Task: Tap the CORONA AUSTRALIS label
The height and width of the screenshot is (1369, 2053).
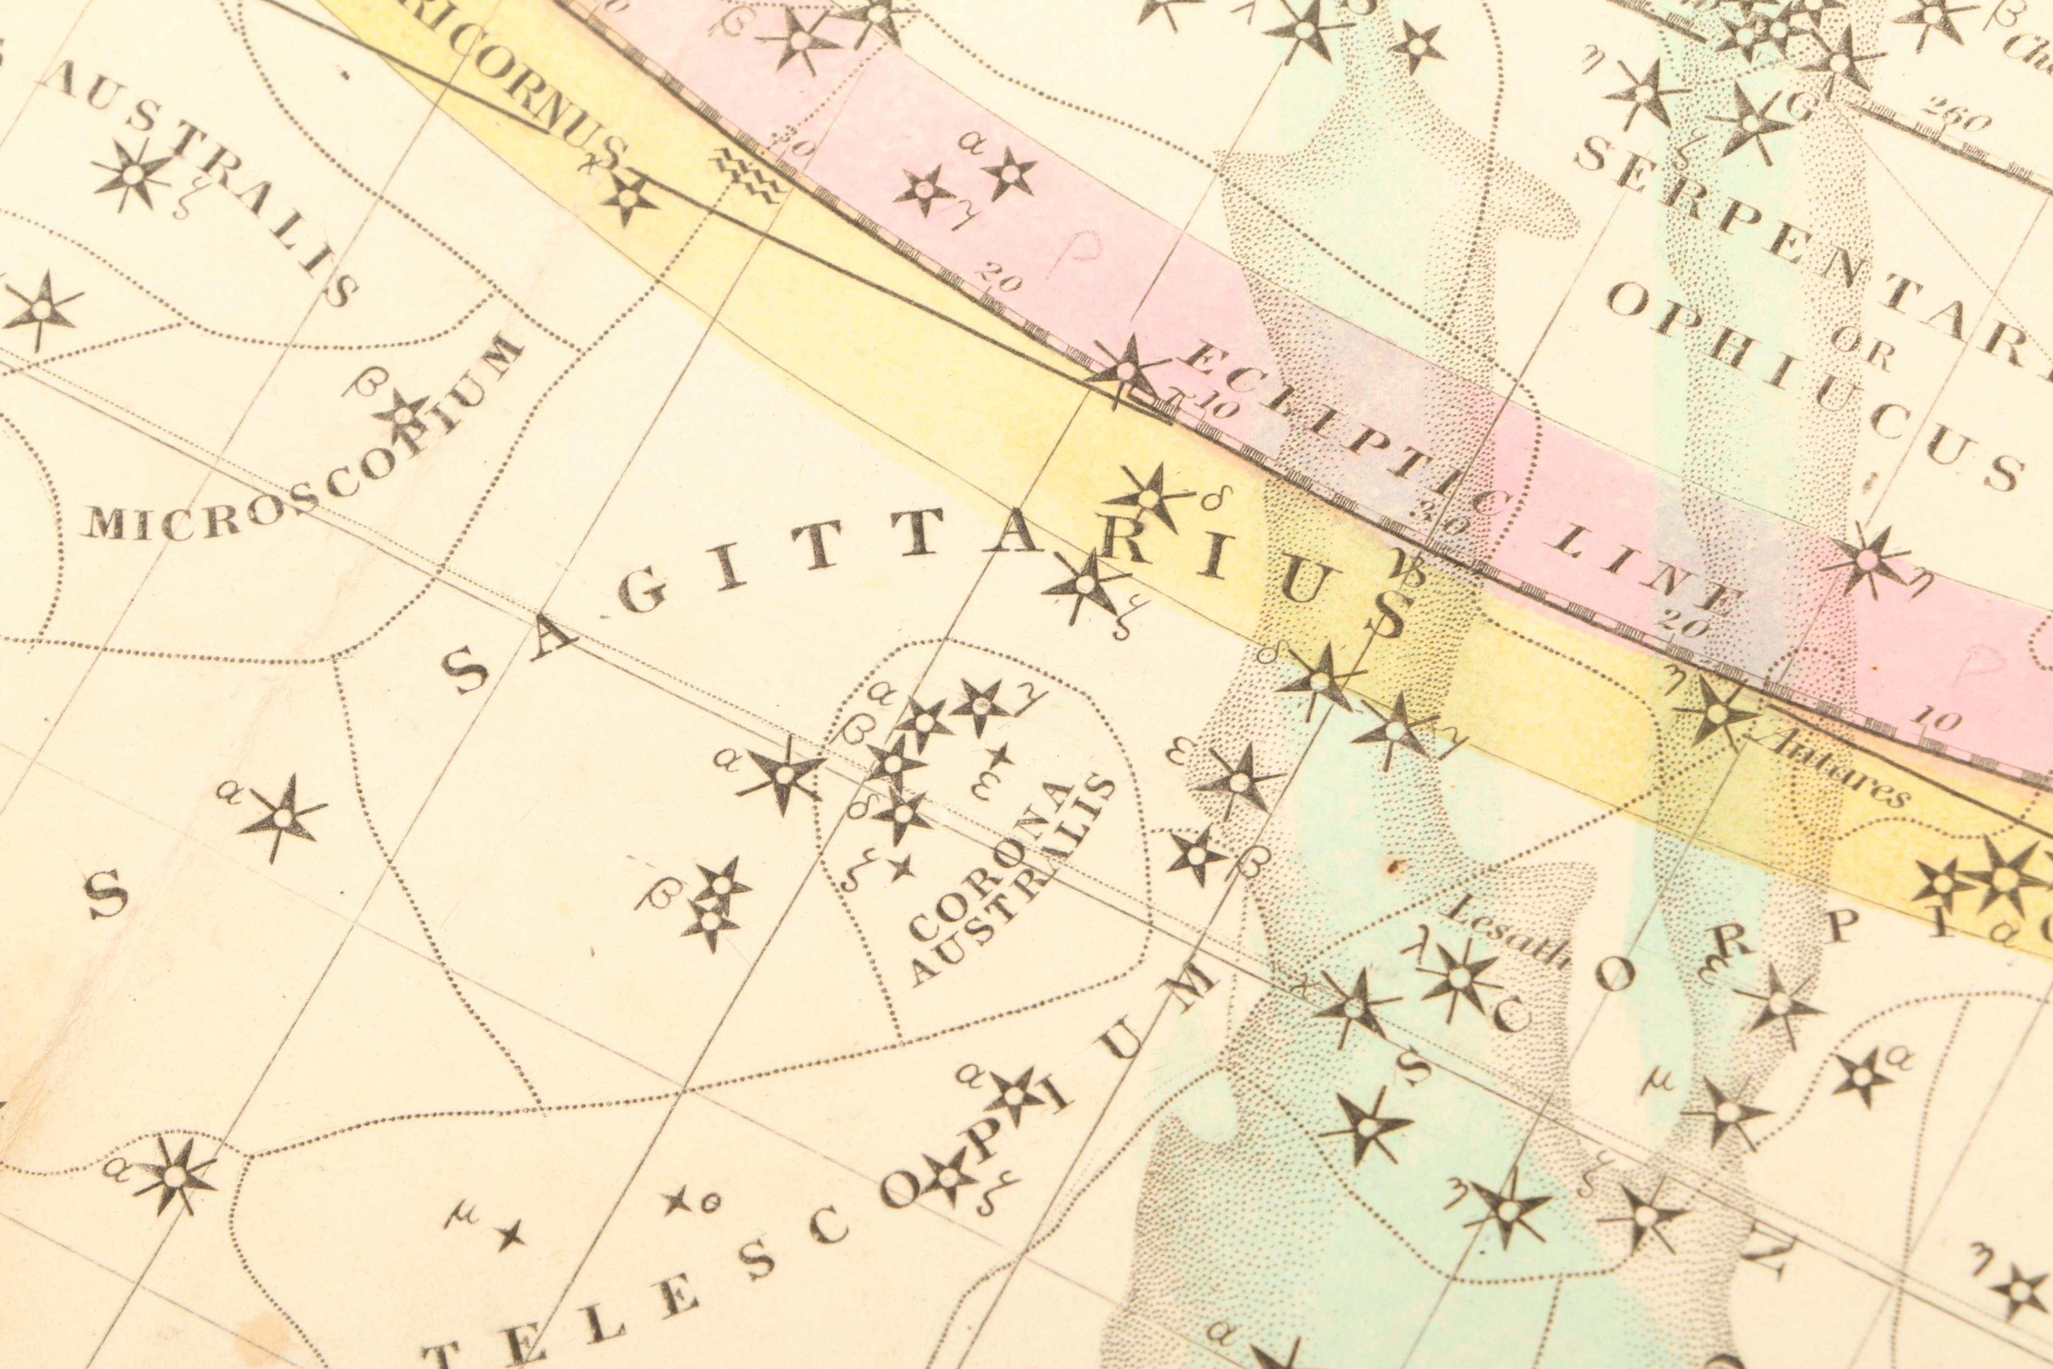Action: point(1012,882)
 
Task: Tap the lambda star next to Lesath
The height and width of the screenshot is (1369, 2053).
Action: point(1456,978)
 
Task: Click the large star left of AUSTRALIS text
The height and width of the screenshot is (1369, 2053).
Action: point(133,175)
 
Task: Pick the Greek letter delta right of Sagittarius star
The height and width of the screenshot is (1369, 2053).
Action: point(1212,500)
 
